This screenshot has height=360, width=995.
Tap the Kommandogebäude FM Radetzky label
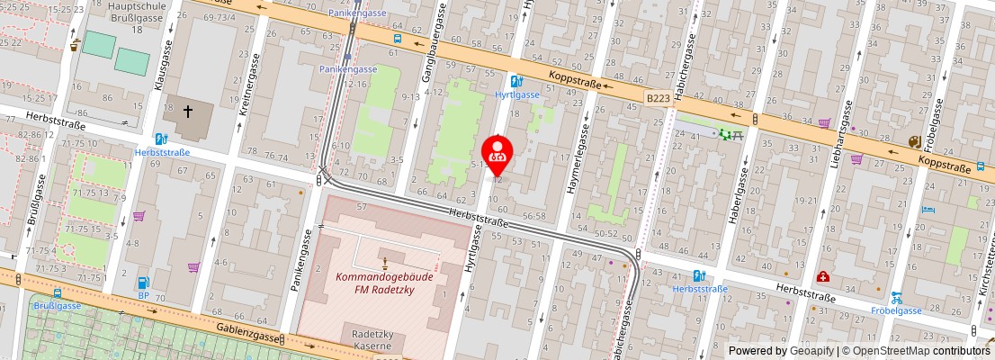pos(384,283)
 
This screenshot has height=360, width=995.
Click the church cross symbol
pos(188,112)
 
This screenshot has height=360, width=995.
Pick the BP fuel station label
pos(143,294)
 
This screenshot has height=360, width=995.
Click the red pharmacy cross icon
pos(822,277)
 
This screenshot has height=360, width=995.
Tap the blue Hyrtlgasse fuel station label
pos(517,94)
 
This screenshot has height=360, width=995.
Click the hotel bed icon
pos(928,210)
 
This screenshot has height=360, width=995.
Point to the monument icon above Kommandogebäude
pos(385,263)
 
